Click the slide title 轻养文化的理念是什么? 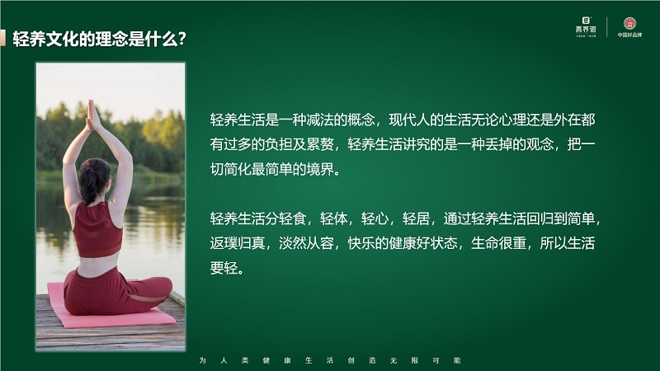[x=98, y=39]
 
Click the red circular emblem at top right [x=629, y=24]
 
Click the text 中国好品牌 [x=629, y=35]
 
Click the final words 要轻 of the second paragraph [x=225, y=270]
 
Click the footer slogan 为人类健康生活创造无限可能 [x=330, y=361]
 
